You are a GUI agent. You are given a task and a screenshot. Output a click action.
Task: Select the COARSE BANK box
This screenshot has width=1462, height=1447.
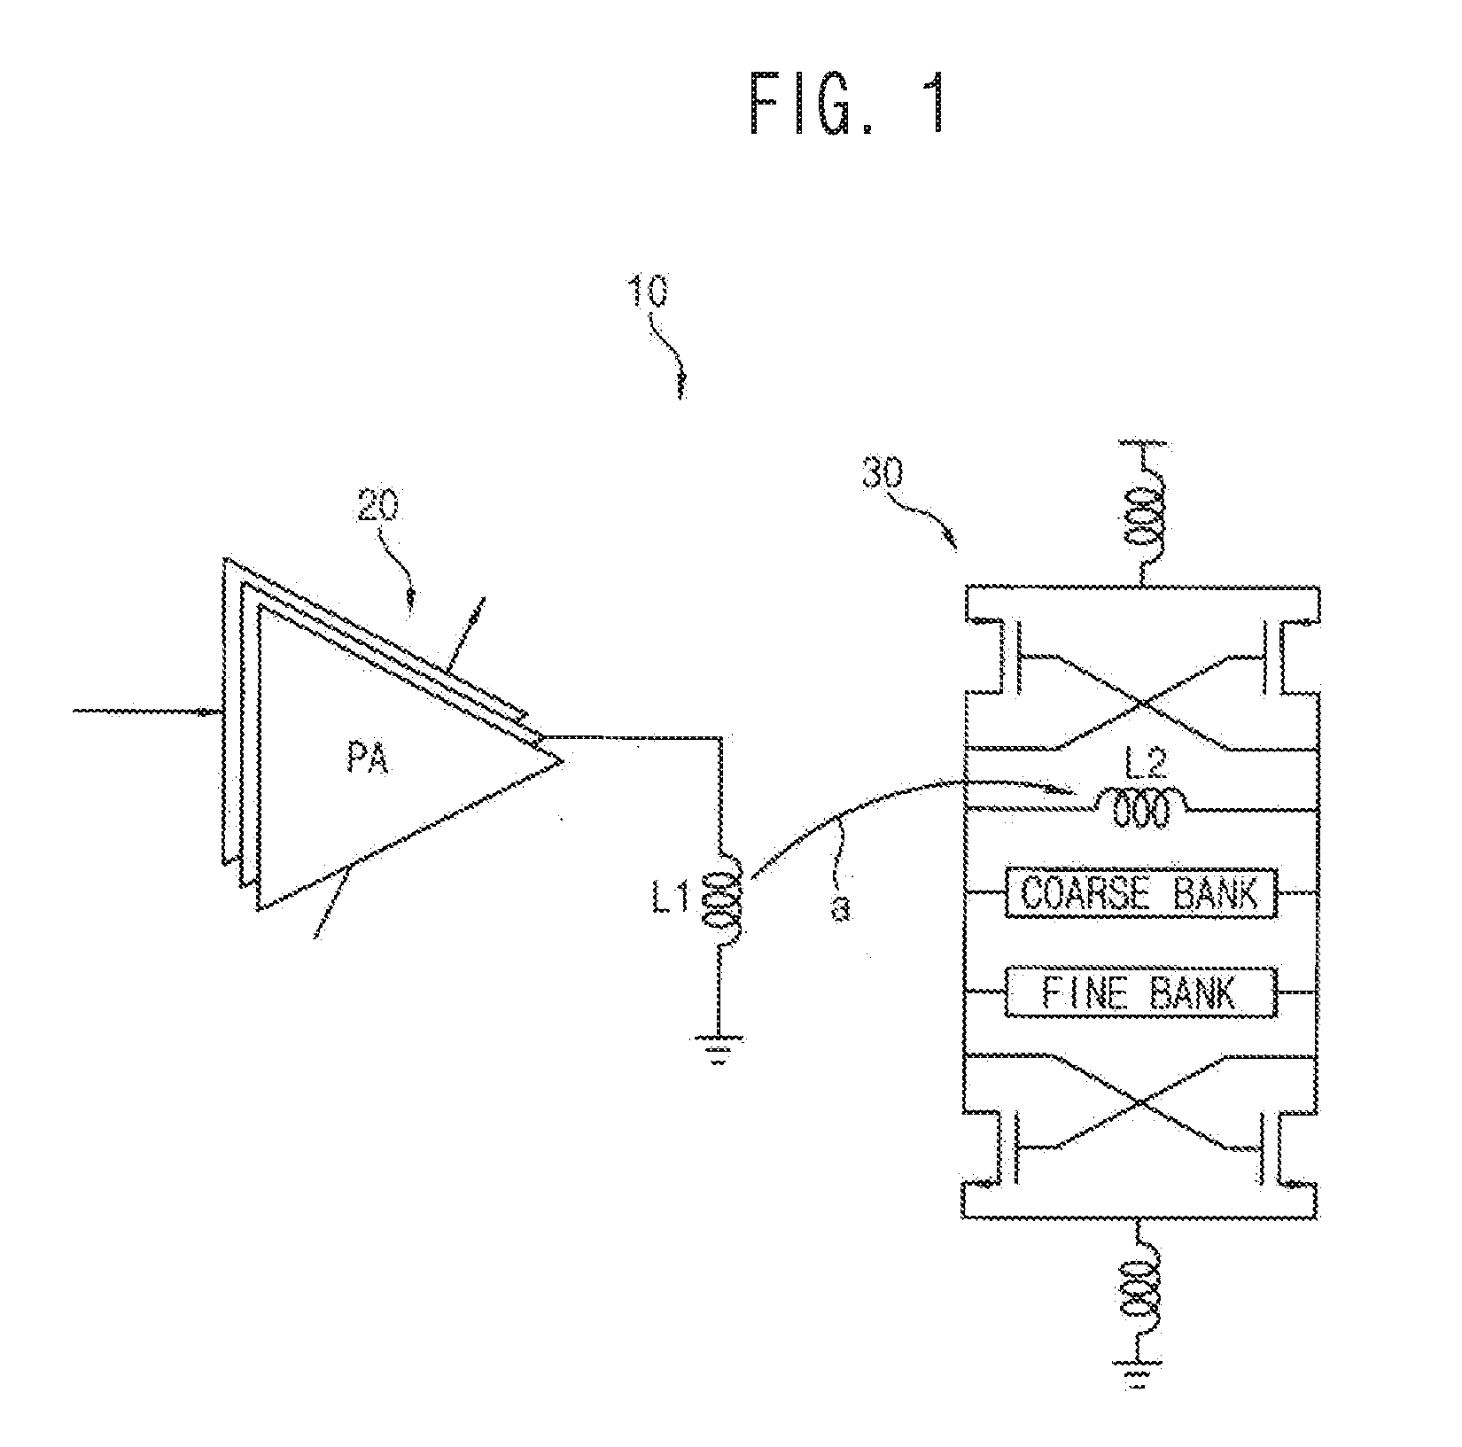coord(1141,892)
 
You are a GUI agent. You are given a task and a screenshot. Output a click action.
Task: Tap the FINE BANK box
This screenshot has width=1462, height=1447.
coord(1141,992)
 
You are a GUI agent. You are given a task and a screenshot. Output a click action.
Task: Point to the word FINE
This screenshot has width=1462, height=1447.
coord(1085,992)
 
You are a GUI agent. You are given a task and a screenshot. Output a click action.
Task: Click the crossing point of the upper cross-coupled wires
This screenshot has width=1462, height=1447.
coord(1142,704)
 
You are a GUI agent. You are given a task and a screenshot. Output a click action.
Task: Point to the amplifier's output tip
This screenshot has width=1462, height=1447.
coord(562,760)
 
